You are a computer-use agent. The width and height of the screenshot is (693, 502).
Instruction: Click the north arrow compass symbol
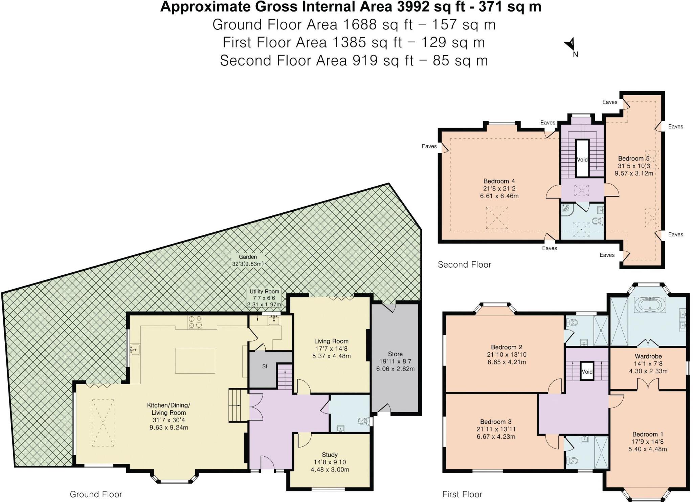click(x=570, y=45)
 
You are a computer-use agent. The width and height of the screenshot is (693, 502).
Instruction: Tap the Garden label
click(x=248, y=257)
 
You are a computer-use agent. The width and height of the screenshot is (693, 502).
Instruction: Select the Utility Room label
click(x=264, y=291)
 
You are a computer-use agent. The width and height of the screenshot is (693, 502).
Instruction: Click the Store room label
click(x=395, y=354)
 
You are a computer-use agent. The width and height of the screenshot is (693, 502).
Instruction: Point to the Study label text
click(x=330, y=455)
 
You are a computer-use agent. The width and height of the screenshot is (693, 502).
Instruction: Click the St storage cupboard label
click(x=265, y=366)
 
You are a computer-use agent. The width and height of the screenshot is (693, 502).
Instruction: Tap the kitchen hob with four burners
click(x=195, y=322)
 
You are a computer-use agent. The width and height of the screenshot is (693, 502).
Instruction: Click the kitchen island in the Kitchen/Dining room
click(x=195, y=360)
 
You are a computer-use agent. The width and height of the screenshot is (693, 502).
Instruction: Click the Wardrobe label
click(x=648, y=356)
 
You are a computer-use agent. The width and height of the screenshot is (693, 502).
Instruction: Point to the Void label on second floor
click(x=582, y=160)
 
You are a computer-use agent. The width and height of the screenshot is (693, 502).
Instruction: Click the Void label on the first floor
click(x=587, y=372)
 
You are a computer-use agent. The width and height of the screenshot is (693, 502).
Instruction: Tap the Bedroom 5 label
click(x=633, y=159)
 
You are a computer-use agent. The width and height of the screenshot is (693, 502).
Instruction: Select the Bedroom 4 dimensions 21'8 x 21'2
click(x=499, y=188)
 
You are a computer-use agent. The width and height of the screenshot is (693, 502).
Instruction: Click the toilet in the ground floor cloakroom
click(x=363, y=421)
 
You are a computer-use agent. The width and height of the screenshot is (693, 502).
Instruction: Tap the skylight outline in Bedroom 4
click(x=497, y=218)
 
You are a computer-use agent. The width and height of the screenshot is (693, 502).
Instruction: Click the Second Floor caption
click(x=464, y=265)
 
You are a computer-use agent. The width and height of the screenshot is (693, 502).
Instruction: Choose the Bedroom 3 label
click(x=496, y=422)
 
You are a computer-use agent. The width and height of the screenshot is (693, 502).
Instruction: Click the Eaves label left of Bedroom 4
click(x=429, y=146)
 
